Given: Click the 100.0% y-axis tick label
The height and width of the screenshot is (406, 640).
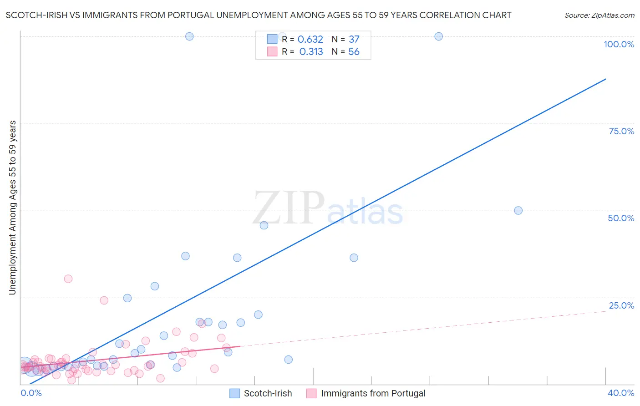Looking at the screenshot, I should [619, 44].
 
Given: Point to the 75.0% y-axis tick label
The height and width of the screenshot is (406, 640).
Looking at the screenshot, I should [621, 131].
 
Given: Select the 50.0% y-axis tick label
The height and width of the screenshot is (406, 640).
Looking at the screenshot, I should [621, 218].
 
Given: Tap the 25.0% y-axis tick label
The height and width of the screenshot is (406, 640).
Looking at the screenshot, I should [621, 305].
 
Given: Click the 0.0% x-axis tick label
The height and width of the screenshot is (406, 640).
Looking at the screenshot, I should [31, 393].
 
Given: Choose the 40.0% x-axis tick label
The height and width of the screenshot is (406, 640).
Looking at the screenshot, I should [621, 393].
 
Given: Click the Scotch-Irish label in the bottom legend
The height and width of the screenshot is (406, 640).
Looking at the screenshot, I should [268, 393].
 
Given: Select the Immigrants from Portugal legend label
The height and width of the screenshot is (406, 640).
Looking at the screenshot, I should [373, 393].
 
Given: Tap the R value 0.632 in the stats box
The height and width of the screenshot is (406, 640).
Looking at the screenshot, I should [310, 40].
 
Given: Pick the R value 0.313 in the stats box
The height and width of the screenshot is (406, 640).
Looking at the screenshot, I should [311, 52].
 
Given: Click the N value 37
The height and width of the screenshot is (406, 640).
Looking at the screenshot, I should [354, 40].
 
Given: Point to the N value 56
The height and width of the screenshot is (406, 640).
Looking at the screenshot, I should [354, 52].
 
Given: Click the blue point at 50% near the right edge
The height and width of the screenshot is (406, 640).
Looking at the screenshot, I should [518, 210].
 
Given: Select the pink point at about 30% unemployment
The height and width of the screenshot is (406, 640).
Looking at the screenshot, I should [68, 279].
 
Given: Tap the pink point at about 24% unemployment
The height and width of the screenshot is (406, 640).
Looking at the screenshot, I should [104, 300].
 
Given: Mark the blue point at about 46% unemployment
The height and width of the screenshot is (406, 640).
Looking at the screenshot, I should [264, 225].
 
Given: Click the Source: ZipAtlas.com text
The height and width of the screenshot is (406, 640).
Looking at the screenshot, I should [599, 15].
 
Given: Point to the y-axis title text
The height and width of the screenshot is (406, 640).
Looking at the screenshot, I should [13, 208].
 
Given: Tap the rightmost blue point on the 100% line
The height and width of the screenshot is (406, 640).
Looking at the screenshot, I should [438, 36].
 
